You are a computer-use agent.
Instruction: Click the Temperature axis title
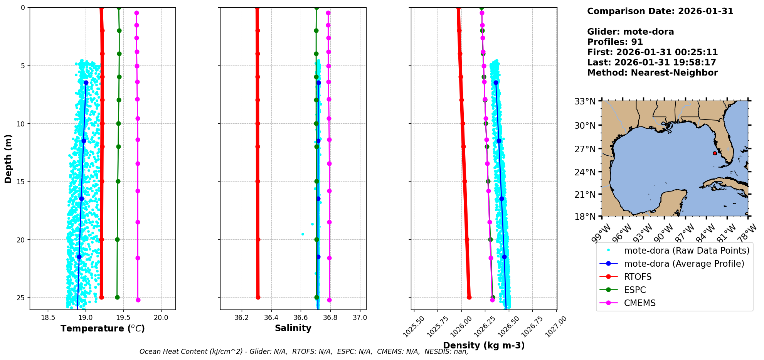(x=103, y=328)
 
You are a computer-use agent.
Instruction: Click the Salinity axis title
(x=293, y=328)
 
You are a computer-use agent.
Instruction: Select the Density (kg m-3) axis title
(x=484, y=345)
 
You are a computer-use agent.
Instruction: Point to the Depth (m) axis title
(x=8, y=159)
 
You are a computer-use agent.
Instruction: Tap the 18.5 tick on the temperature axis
(x=48, y=318)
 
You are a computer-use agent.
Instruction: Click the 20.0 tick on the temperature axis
(x=161, y=318)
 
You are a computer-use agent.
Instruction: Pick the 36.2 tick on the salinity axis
(x=242, y=318)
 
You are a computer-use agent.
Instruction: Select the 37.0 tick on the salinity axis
(x=360, y=318)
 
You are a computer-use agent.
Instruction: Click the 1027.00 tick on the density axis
(x=556, y=326)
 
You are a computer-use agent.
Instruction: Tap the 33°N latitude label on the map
(x=585, y=101)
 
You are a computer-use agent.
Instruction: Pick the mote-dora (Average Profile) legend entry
(x=684, y=264)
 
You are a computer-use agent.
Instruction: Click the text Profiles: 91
(x=615, y=42)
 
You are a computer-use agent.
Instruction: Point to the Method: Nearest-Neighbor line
(x=652, y=73)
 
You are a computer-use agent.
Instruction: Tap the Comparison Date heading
(x=660, y=11)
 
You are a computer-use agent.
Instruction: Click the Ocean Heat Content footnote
(x=304, y=352)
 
